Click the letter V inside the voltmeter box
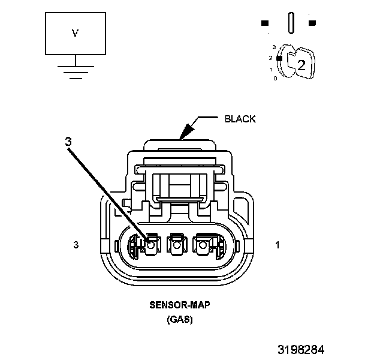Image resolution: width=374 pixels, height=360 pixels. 75,34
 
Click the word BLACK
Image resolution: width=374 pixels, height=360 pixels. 240,119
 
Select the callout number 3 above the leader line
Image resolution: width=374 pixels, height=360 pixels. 68,142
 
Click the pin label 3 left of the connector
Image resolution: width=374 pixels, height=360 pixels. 76,245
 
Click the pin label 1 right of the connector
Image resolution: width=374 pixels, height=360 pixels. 277,245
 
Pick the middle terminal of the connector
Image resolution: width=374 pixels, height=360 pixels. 177,245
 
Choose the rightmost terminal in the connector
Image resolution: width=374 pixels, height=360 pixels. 204,245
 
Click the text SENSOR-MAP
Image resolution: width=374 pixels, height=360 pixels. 179,305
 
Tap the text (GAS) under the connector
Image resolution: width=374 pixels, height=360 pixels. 179,320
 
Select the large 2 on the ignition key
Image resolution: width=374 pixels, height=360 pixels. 301,65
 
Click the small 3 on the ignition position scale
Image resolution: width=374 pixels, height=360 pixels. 274,46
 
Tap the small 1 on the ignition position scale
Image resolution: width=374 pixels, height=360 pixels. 271,69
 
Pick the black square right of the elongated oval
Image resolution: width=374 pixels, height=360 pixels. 312,23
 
